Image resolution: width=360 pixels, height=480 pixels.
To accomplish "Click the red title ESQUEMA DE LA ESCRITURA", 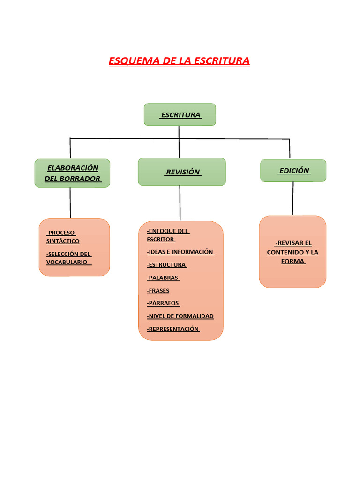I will (x=179, y=61).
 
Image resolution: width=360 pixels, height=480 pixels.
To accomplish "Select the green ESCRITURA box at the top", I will (x=180, y=115).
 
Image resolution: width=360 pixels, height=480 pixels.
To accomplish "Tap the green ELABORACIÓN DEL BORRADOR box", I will (x=72, y=173).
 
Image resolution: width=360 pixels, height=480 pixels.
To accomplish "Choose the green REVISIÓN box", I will (x=182, y=172).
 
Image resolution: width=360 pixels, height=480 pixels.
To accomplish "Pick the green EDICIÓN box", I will (x=293, y=171).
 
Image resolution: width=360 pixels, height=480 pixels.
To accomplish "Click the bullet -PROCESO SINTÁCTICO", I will (x=63, y=237).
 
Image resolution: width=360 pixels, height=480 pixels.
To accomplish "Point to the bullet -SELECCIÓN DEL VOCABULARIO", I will (x=68, y=258).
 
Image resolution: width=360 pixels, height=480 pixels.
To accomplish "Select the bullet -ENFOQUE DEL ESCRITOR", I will (x=168, y=235).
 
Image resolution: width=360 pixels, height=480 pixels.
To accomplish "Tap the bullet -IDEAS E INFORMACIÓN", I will (x=180, y=252).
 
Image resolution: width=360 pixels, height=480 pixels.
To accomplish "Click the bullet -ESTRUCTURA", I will (x=166, y=265).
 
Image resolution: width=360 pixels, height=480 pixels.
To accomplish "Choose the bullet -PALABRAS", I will (x=163, y=277).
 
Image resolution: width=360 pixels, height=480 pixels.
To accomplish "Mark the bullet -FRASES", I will (x=158, y=291).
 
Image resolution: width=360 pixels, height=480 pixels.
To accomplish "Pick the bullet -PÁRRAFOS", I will (x=163, y=303).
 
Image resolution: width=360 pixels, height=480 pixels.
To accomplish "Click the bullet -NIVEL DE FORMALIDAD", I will (x=180, y=316).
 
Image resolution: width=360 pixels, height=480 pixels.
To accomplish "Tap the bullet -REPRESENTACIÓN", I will (x=173, y=329).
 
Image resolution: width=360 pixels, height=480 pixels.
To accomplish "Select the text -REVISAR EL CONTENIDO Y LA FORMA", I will (x=293, y=252).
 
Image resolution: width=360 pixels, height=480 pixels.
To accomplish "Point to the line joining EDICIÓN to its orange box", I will (x=293, y=198).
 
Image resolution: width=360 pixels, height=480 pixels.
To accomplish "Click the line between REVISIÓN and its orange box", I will (x=180, y=203).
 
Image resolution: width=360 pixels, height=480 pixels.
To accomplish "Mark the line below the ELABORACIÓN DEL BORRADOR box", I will (x=70, y=202).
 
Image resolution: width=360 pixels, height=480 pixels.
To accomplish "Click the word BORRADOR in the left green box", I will (x=79, y=179).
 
